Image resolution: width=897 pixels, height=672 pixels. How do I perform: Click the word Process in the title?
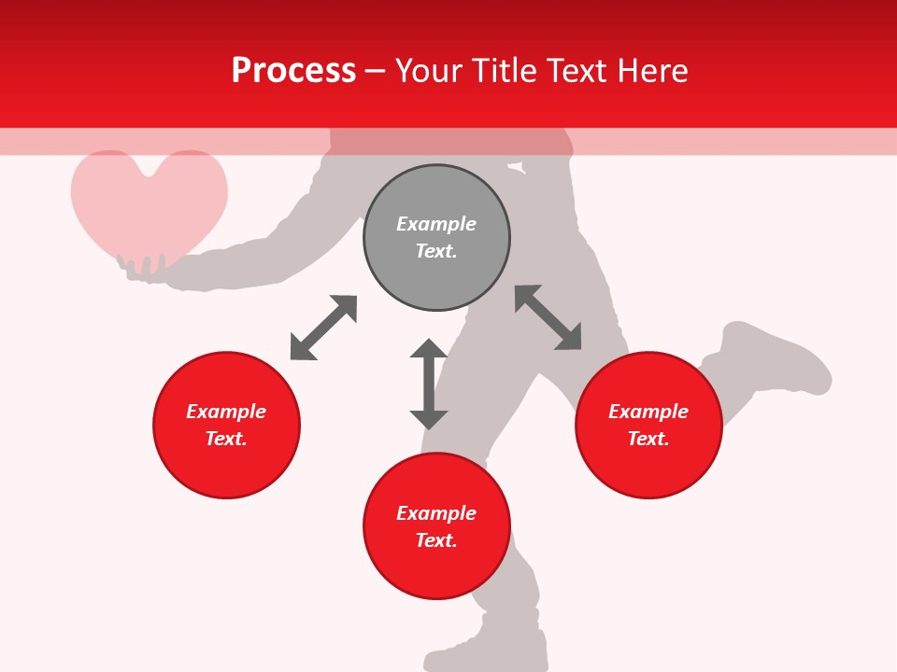(293, 71)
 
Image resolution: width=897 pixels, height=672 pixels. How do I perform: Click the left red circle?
(226, 467)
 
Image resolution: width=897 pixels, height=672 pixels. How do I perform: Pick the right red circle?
(648, 467)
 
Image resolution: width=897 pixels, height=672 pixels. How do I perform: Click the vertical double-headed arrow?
(429, 384)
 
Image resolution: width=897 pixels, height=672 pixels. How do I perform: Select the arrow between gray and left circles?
(323, 328)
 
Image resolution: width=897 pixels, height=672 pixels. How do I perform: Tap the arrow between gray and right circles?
(548, 317)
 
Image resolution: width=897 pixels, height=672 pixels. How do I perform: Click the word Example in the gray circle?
(436, 224)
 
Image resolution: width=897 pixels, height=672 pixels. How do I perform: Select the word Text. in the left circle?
(226, 439)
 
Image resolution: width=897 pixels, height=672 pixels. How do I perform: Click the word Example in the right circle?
(648, 412)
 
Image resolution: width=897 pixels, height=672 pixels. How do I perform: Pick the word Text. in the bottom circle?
(436, 540)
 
